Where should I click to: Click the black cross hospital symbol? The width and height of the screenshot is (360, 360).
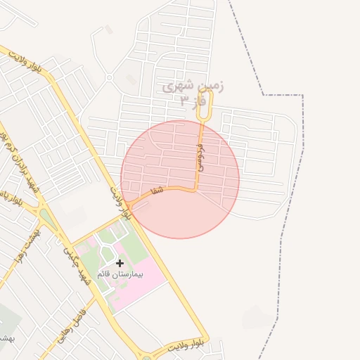click(x=120, y=263)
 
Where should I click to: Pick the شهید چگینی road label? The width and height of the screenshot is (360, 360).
click(x=77, y=263)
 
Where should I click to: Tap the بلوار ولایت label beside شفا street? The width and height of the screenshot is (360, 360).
click(x=120, y=201)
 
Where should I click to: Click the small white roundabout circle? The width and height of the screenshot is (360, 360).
click(x=109, y=77)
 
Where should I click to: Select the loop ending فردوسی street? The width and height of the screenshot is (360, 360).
click(x=204, y=105)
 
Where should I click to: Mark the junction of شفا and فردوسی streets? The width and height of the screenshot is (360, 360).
click(x=196, y=189)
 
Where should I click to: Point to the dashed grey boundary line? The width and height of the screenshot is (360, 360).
click(x=281, y=95)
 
